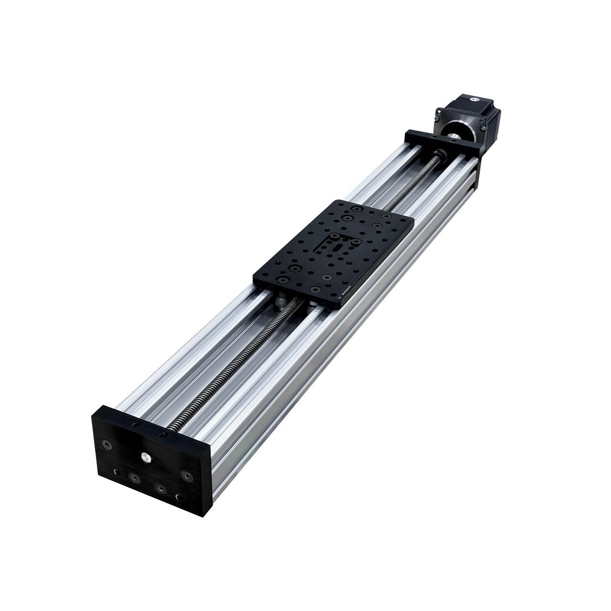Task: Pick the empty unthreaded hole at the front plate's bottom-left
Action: (116, 472)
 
